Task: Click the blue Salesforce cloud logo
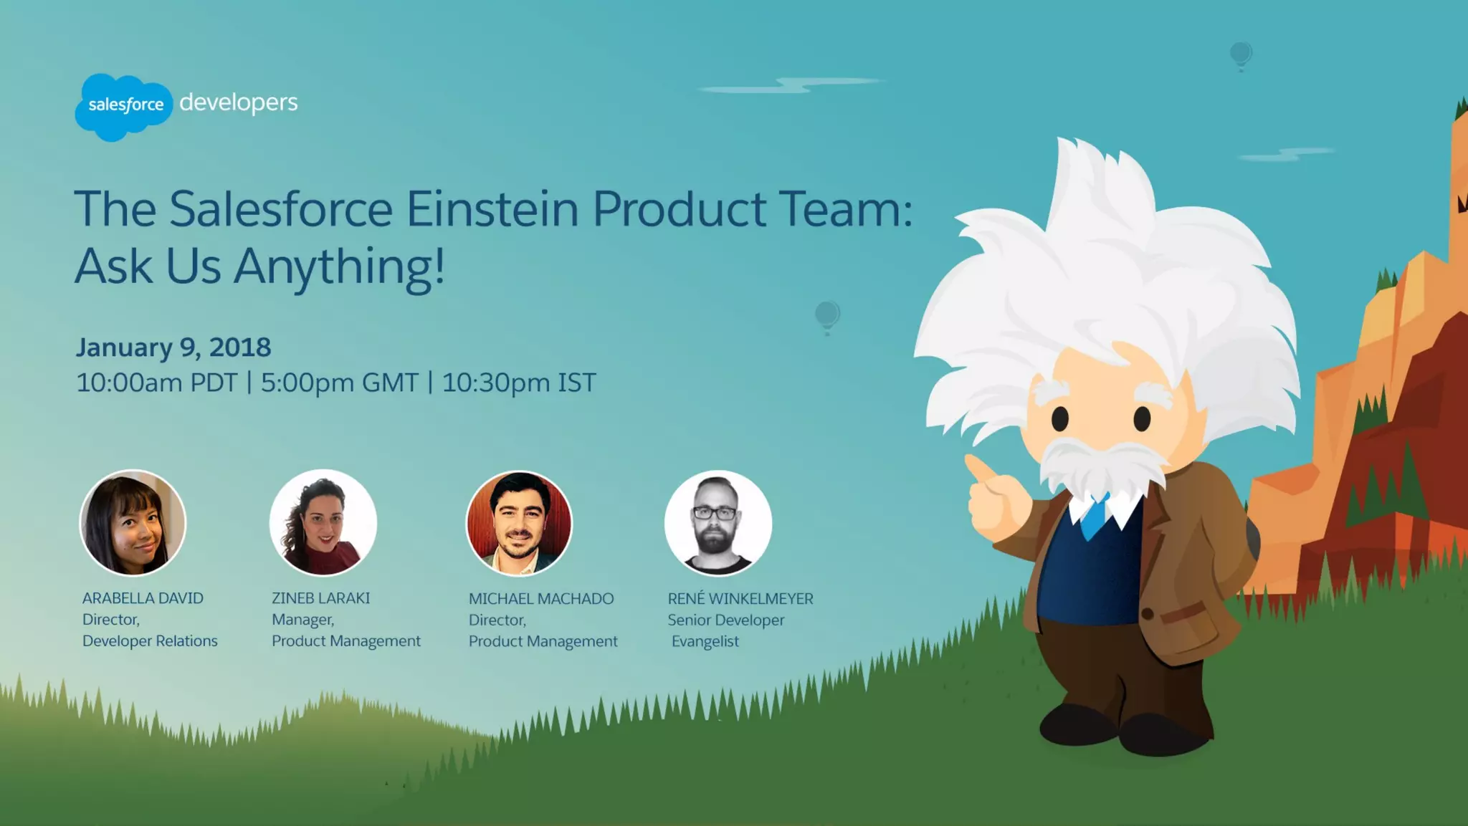(x=123, y=106)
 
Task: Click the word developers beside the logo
(x=238, y=102)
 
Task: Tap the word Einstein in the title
(x=492, y=208)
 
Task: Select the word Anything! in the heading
(x=339, y=266)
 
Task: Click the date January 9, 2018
(x=173, y=347)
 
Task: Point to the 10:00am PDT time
(x=156, y=383)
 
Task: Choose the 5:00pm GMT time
(x=339, y=383)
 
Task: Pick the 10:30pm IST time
(x=518, y=383)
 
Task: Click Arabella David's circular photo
(x=133, y=523)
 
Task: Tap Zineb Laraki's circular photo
(x=323, y=523)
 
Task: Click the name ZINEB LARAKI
(x=320, y=598)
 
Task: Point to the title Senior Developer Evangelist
(x=725, y=630)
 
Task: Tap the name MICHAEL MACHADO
(x=541, y=599)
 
